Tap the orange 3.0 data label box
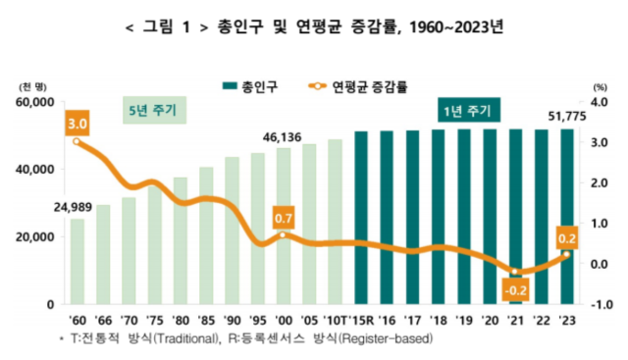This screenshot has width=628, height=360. pos(77,124)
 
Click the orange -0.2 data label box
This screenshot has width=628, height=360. pos(514,289)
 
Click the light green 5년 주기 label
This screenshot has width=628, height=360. pos(152,110)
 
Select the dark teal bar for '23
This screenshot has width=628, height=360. pos(567,216)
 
